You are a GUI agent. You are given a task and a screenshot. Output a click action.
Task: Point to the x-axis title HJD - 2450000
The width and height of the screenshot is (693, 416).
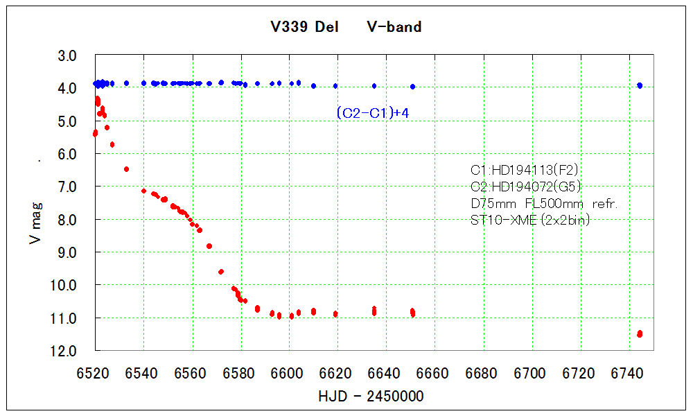(x=371, y=396)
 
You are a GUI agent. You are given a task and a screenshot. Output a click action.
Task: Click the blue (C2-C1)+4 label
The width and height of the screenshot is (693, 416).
(x=371, y=113)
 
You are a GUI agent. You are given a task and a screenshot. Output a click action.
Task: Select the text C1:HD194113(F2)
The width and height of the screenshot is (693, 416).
(x=525, y=170)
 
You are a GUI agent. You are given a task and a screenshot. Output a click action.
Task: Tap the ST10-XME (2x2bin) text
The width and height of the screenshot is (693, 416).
(x=530, y=220)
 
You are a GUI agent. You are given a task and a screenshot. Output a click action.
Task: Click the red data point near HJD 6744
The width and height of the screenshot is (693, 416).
(x=640, y=334)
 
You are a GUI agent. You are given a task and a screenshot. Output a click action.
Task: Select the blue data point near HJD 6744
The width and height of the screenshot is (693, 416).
(x=640, y=85)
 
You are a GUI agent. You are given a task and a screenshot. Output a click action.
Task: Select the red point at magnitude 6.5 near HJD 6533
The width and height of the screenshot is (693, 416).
(x=127, y=169)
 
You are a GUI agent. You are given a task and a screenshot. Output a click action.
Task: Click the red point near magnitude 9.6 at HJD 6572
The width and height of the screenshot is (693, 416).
(x=221, y=272)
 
